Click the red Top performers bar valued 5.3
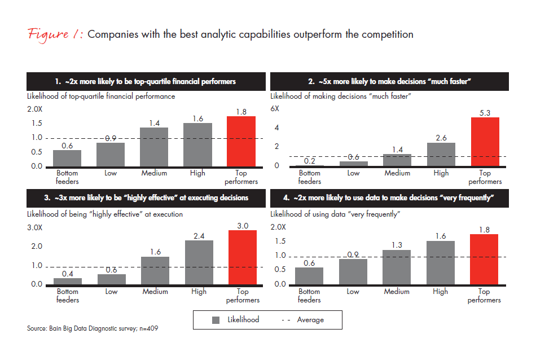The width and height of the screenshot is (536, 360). point(485,142)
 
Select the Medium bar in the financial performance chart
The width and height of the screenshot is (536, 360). point(154,147)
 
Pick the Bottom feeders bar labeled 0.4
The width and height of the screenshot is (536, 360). point(67,281)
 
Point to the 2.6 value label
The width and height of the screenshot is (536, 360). point(441,137)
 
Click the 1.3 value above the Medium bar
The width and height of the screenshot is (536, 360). point(397,245)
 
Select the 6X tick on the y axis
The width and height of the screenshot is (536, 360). point(275,108)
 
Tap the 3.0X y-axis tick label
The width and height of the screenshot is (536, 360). point(35,228)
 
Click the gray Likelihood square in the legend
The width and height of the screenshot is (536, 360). point(216,320)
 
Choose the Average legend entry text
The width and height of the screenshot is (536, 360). point(310,320)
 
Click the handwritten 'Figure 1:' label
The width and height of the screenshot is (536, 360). point(55,34)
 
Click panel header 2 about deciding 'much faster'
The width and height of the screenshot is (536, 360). point(390,82)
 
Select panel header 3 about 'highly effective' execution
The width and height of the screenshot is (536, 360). point(146,197)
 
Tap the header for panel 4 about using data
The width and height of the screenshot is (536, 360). point(390,197)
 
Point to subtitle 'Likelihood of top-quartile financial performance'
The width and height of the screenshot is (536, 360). point(101,96)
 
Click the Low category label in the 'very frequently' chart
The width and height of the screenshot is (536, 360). point(353,292)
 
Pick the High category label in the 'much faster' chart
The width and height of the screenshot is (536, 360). point(441,173)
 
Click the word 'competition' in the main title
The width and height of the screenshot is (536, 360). point(385,35)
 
